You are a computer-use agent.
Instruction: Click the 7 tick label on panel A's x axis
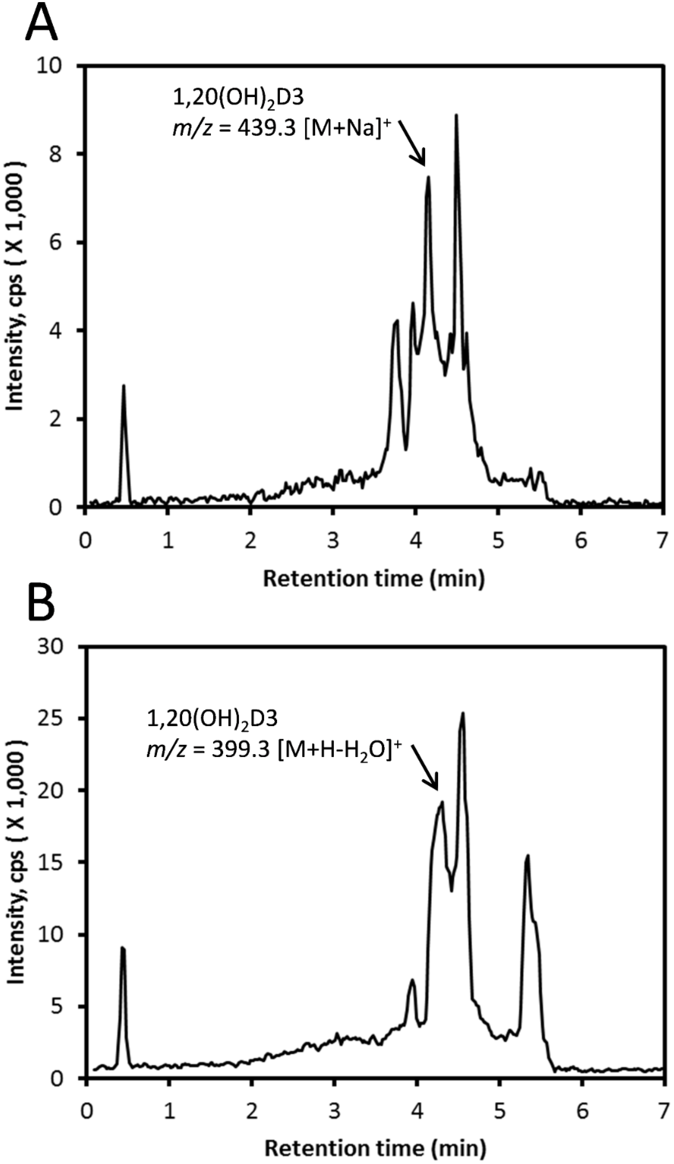click(662, 541)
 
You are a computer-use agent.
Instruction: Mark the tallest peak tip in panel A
click(456, 115)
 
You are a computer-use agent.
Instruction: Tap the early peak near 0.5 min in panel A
click(124, 386)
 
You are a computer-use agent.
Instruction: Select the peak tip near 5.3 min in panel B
click(527, 856)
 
